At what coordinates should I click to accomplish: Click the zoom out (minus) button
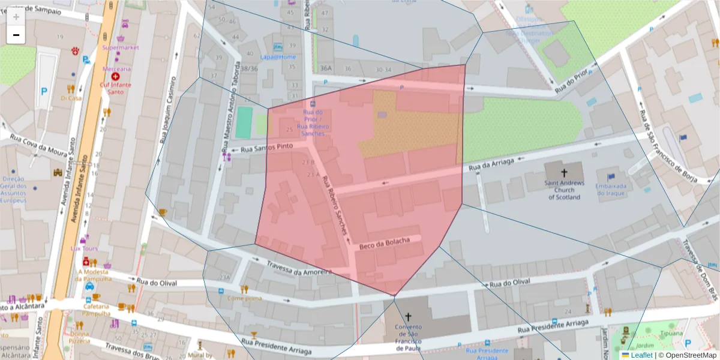click(16, 35)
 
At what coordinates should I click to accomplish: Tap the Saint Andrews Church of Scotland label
click(564, 190)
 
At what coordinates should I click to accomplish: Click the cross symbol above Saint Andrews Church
click(563, 172)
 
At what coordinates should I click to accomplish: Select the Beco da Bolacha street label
click(384, 244)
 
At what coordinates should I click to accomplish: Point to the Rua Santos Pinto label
click(266, 148)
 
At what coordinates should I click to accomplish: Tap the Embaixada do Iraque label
click(611, 190)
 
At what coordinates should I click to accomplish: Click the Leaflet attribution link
click(641, 355)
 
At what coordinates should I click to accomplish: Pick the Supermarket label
click(121, 47)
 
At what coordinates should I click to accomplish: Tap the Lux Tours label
click(84, 248)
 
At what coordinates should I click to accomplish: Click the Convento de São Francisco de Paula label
click(408, 338)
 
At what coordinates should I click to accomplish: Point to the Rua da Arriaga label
click(493, 163)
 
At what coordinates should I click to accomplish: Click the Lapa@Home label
click(278, 57)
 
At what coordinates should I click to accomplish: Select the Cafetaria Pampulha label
click(96, 310)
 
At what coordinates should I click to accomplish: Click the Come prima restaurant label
click(244, 298)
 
